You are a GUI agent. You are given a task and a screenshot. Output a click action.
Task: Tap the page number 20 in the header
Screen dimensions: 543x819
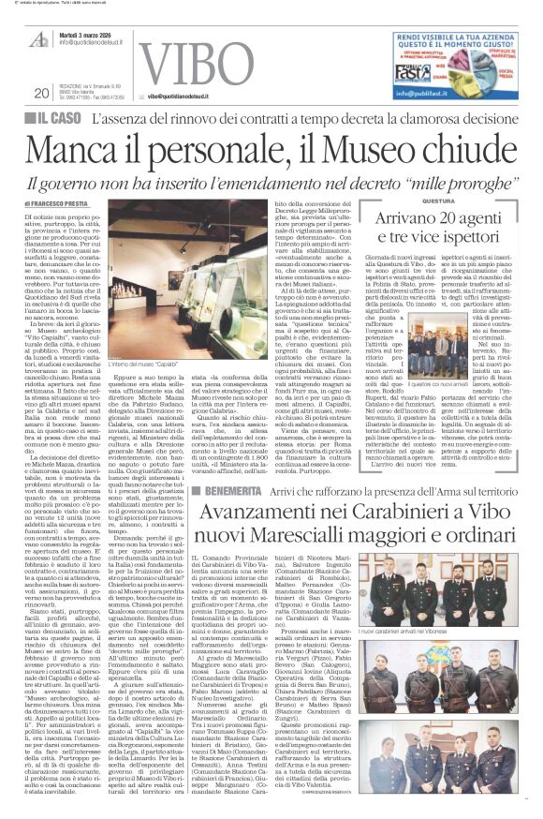click(x=40, y=92)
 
